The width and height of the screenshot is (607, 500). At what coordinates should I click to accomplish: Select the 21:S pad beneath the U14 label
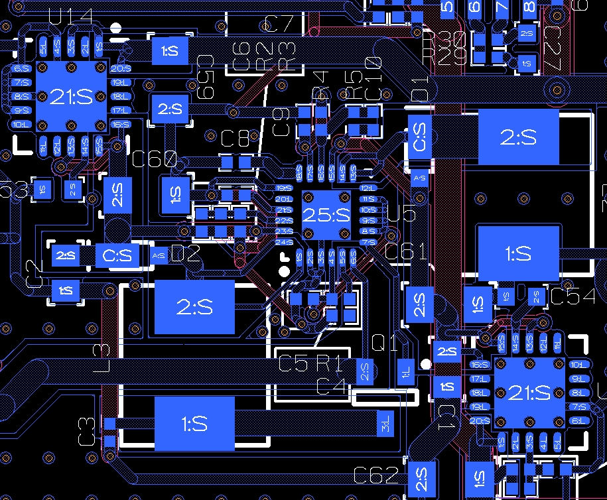71,97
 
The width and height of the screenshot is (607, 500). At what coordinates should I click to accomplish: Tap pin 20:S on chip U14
121,68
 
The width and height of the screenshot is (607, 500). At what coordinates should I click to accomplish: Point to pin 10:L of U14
21,125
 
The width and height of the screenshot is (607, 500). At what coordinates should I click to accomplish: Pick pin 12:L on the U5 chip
368,188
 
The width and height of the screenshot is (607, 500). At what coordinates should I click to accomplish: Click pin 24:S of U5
284,242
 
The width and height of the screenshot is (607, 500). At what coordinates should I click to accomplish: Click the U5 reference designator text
401,214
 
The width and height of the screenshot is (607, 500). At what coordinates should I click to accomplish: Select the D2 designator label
186,253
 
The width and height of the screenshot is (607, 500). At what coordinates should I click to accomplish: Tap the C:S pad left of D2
118,255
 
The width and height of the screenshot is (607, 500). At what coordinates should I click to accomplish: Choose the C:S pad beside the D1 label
421,137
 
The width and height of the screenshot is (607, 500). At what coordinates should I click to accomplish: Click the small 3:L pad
385,421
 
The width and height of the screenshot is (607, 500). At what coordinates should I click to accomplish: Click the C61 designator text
406,252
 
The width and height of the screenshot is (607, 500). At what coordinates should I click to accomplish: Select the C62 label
376,475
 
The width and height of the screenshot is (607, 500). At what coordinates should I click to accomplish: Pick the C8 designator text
236,139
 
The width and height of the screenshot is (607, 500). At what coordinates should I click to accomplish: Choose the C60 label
155,159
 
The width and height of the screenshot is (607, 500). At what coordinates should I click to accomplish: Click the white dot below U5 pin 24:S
284,271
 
